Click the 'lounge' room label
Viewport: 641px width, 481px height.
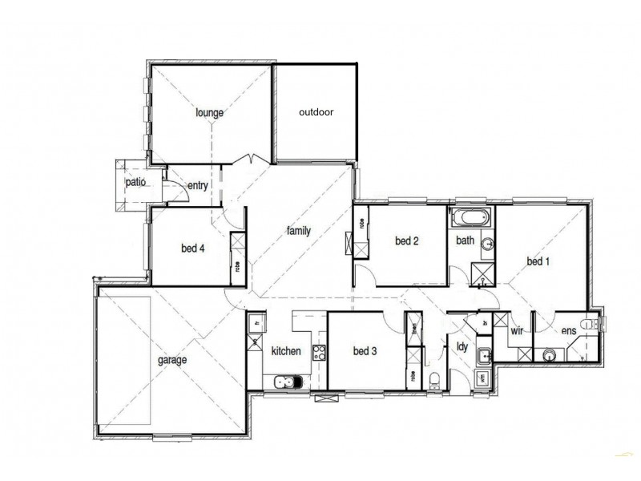click(x=209, y=113)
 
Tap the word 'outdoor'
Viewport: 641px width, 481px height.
click(x=316, y=112)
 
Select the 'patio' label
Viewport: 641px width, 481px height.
click(x=135, y=183)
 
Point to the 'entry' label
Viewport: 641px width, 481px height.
click(x=197, y=186)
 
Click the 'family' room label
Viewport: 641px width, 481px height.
click(x=298, y=231)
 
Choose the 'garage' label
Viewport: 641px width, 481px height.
click(x=171, y=360)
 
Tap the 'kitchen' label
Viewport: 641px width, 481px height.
click(x=286, y=351)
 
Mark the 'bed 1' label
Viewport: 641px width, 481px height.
click(x=538, y=261)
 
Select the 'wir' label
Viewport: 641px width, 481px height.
click(x=517, y=330)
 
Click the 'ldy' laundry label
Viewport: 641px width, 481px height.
click(x=462, y=346)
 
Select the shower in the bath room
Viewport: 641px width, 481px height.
click(x=482, y=273)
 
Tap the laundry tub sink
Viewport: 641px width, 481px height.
click(x=483, y=356)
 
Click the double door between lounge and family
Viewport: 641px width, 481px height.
click(x=254, y=159)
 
